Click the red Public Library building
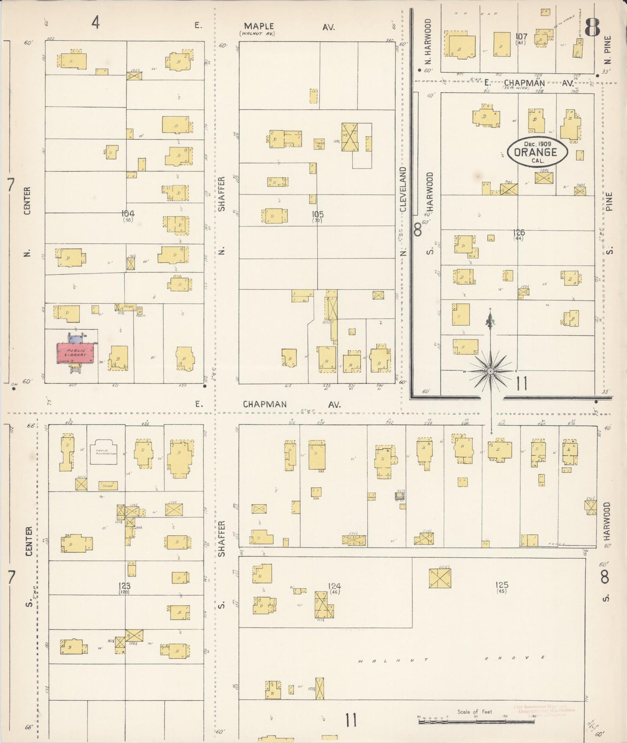pyautogui.click(x=76, y=353)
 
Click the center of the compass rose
pyautogui.click(x=490, y=371)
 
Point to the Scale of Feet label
pyautogui.click(x=475, y=711)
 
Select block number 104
pyautogui.click(x=128, y=213)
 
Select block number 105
pyautogui.click(x=318, y=214)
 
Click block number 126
pyautogui.click(x=519, y=232)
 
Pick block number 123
pyautogui.click(x=125, y=586)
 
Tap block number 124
pyautogui.click(x=334, y=586)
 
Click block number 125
pyautogui.click(x=502, y=585)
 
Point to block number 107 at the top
pyautogui.click(x=521, y=36)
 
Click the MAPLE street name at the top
pyautogui.click(x=259, y=26)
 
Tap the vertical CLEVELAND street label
pyautogui.click(x=403, y=189)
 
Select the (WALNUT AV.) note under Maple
pyautogui.click(x=258, y=33)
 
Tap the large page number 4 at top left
pyautogui.click(x=95, y=22)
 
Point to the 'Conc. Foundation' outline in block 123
pyautogui.click(x=103, y=452)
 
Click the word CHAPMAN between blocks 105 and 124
pyautogui.click(x=265, y=404)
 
